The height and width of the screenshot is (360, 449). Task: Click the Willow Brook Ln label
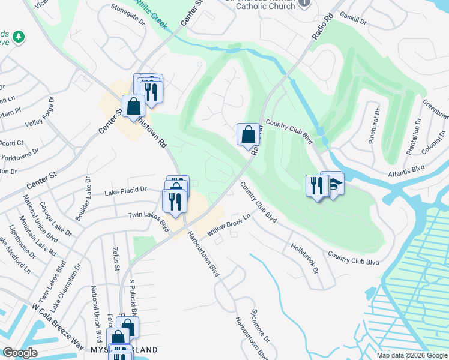pyautogui.click(x=228, y=224)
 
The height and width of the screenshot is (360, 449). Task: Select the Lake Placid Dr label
pyautogui.click(x=125, y=191)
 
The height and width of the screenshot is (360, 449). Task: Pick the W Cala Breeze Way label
pyautogui.click(x=58, y=328)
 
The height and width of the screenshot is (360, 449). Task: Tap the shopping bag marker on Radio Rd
pyautogui.click(x=248, y=134)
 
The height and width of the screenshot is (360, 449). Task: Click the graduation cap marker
pyautogui.click(x=334, y=184)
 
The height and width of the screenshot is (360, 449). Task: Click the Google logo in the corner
pyautogui.click(x=20, y=353)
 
